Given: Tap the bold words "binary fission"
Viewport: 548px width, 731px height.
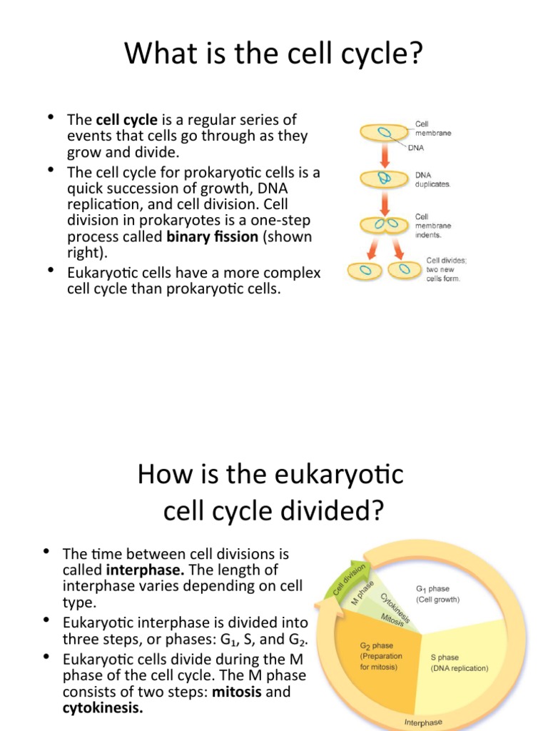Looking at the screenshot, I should tap(212, 237).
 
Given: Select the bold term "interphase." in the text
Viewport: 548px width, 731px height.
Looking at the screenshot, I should tap(146, 570).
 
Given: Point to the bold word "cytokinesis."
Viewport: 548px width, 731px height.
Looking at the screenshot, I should tap(103, 708).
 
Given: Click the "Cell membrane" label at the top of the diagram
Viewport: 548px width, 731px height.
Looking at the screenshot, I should tap(432, 128).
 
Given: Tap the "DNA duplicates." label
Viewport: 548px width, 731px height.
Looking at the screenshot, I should tap(432, 178).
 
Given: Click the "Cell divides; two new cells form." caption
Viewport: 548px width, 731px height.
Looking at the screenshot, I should tap(443, 270).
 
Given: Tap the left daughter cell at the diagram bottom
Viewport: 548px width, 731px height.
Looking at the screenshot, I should tap(367, 271).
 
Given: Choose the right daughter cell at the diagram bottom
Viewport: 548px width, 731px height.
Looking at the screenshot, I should tap(404, 271).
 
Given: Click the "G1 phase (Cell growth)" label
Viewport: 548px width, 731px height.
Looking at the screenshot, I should tap(437, 594).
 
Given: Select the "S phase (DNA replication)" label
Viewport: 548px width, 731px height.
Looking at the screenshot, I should tap(459, 662).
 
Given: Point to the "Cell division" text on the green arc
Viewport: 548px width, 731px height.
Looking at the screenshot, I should tap(350, 579).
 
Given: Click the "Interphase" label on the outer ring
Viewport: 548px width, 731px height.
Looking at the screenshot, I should tap(423, 722).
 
